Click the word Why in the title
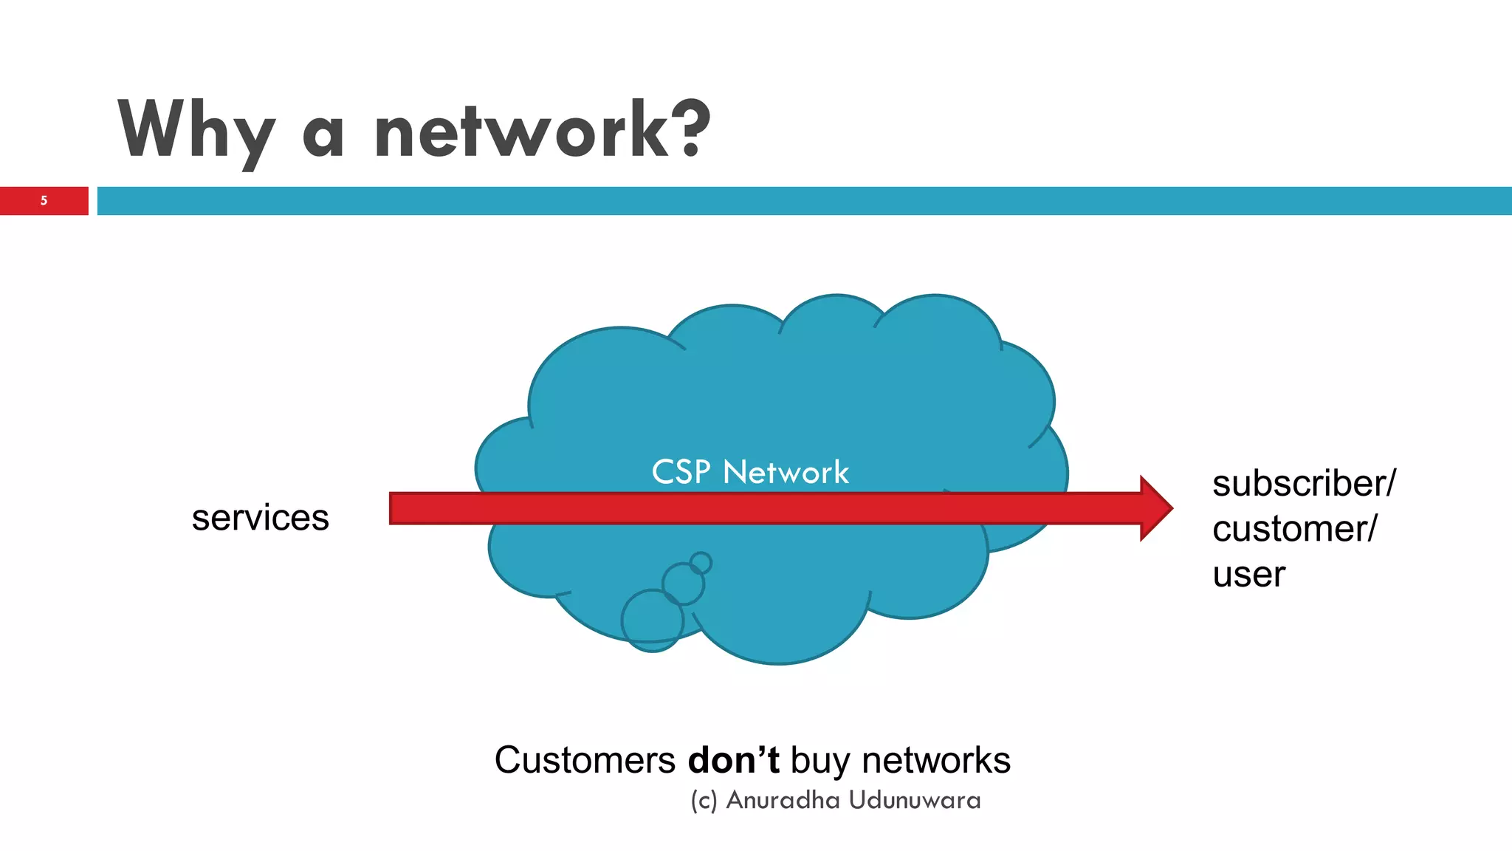pos(196,131)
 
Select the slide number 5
pos(44,200)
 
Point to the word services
pos(260,517)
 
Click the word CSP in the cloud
pos(681,472)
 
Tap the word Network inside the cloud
pos(786,472)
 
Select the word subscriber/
pos(1304,484)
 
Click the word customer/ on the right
pos(1294,529)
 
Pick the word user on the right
pos(1248,575)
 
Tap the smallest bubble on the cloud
pos(701,564)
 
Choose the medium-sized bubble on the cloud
pos(683,584)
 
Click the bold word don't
pos(733,760)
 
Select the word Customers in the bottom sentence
pos(585,760)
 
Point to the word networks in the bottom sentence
pos(935,760)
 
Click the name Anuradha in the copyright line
pos(783,800)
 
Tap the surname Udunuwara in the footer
pos(915,800)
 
